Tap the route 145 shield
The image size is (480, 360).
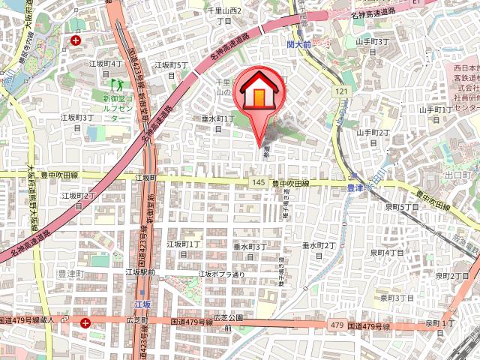tap(259, 182)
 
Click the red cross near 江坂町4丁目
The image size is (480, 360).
tap(76, 40)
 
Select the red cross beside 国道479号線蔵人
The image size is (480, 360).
tap(86, 322)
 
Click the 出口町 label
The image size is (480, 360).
tap(456, 175)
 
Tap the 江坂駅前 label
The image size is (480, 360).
tap(141, 272)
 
